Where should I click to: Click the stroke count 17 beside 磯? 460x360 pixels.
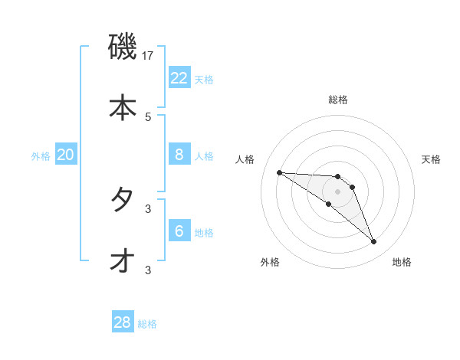click(148, 56)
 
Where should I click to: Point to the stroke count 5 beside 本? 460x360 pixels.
click(148, 116)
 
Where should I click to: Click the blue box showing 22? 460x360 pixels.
click(179, 78)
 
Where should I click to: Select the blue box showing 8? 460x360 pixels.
click(179, 155)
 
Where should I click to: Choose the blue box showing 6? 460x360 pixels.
click(179, 231)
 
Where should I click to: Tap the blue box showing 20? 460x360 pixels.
click(66, 155)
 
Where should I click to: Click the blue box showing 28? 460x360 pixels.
click(123, 322)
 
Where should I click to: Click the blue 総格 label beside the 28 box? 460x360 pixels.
click(148, 324)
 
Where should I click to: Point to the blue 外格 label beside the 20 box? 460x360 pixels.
click(41, 156)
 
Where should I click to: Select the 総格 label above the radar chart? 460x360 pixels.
click(338, 100)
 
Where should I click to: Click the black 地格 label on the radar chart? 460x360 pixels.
click(402, 262)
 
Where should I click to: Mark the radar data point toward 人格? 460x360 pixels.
click(279, 172)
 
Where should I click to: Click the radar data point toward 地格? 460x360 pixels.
click(373, 242)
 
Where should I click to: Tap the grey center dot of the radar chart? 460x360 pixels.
click(337, 191)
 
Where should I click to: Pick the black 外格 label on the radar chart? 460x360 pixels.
click(270, 262)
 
